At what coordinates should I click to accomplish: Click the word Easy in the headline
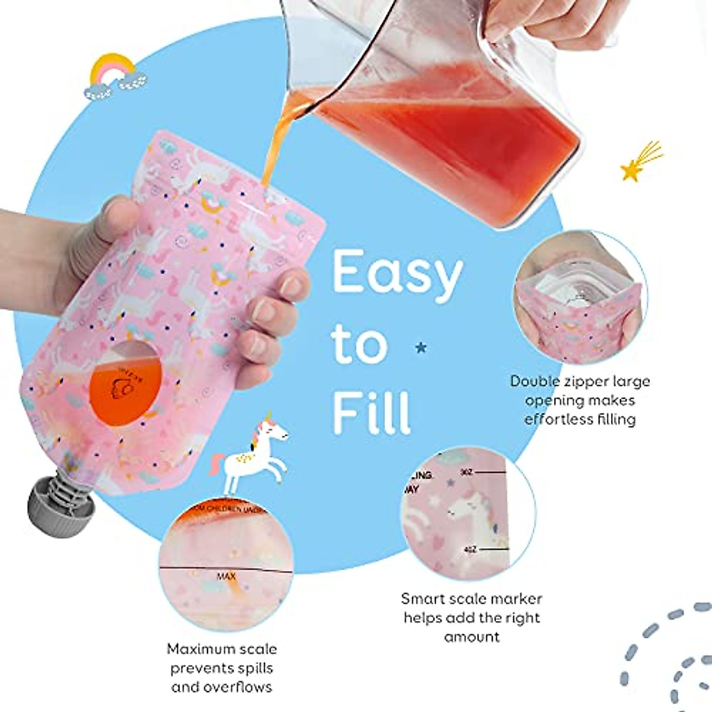[x=397, y=274]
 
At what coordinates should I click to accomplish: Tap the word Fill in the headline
[x=371, y=408]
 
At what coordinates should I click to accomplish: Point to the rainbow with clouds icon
[x=116, y=77]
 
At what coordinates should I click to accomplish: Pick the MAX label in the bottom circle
[x=226, y=576]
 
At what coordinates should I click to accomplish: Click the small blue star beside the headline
[x=421, y=347]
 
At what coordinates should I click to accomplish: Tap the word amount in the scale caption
[x=472, y=637]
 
